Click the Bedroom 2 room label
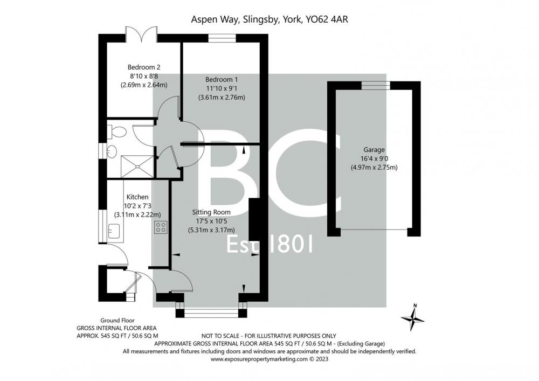[x=144, y=67]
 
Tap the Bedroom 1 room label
[x=222, y=79]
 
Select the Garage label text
[x=374, y=150]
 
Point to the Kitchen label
[x=137, y=197]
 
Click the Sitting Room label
[x=211, y=212]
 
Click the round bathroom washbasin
[x=112, y=151]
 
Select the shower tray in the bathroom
[x=137, y=167]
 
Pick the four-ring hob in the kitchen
[x=161, y=227]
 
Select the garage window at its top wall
[x=376, y=85]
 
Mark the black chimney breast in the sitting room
[x=254, y=219]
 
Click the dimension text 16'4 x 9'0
[x=374, y=159]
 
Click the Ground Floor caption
[x=117, y=321]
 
